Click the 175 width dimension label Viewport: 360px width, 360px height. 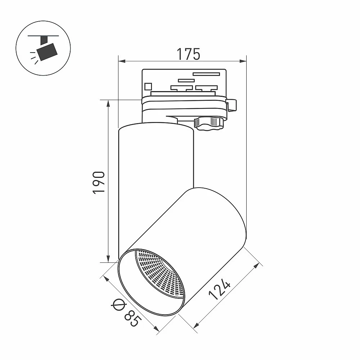point(188,54)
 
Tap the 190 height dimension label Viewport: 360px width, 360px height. point(99,183)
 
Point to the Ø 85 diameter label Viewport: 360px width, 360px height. point(125,313)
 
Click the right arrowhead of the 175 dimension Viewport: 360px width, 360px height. point(243,61)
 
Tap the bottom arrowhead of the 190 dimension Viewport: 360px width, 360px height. point(108,258)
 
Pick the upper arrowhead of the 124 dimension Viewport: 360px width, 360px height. point(256,266)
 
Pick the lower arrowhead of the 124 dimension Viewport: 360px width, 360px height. point(196,325)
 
